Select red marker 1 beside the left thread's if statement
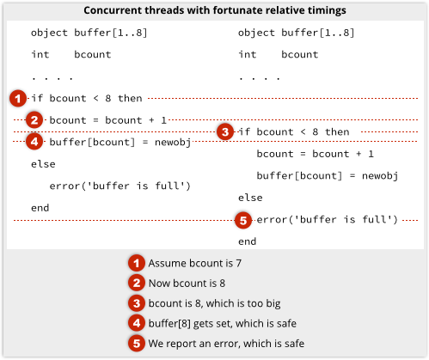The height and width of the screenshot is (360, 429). click(18, 99)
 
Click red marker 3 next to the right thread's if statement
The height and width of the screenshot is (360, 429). click(225, 132)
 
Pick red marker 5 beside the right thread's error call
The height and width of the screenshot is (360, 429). click(243, 220)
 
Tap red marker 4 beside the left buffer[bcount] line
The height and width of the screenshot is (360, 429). click(34, 142)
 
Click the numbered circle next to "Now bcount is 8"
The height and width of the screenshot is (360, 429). click(137, 283)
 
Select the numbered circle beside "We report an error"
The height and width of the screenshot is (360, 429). click(137, 343)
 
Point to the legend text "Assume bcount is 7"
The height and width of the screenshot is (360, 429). click(195, 263)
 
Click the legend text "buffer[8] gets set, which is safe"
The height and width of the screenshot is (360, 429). click(223, 323)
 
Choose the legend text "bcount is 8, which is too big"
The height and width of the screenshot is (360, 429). click(214, 303)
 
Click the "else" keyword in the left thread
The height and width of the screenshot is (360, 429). click(43, 164)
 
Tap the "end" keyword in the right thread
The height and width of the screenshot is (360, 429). click(248, 241)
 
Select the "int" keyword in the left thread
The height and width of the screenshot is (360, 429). click(40, 54)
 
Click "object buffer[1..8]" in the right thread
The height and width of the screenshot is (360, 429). click(297, 33)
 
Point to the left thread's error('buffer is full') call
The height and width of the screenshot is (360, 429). click(120, 186)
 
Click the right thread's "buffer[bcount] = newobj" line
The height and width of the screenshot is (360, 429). click(328, 176)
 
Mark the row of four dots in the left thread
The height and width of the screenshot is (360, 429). click(52, 78)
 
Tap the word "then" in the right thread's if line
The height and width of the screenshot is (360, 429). click(337, 131)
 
